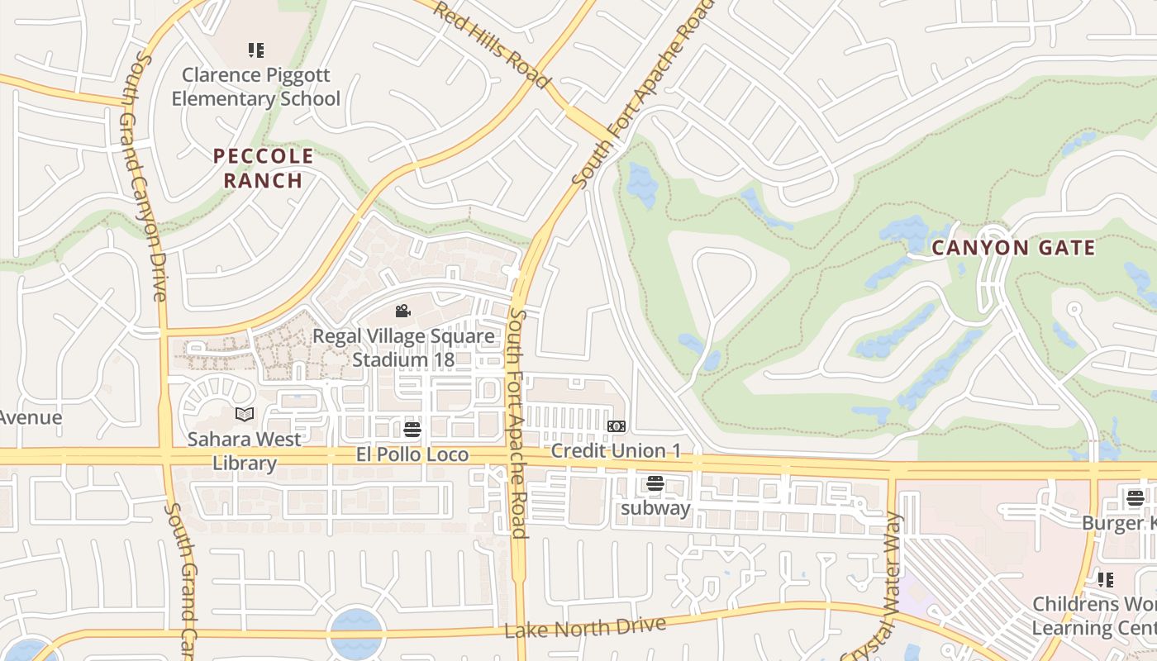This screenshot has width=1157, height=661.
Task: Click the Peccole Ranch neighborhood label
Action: (263, 169)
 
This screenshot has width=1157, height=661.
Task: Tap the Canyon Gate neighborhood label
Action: (1013, 248)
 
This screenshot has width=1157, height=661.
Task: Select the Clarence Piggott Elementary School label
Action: (260, 87)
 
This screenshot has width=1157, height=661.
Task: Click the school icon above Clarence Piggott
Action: (256, 50)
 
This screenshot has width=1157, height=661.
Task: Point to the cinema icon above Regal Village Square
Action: (403, 311)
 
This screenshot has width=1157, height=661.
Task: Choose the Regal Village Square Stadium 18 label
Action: (403, 348)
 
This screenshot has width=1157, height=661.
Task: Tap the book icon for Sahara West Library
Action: (245, 414)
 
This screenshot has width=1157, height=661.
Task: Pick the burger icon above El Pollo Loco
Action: (412, 430)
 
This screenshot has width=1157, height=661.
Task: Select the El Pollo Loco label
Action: (412, 454)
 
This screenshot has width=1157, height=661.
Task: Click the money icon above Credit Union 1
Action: (617, 426)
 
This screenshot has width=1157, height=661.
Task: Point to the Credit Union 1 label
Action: (617, 451)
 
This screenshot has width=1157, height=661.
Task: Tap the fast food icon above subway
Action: (655, 483)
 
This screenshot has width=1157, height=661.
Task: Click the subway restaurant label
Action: (655, 508)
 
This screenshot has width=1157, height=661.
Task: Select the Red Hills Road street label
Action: (490, 45)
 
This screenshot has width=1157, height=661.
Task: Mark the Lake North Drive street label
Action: (585, 628)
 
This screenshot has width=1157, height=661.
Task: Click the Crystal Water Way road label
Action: (885, 587)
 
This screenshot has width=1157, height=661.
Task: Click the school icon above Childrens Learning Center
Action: (1106, 579)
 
